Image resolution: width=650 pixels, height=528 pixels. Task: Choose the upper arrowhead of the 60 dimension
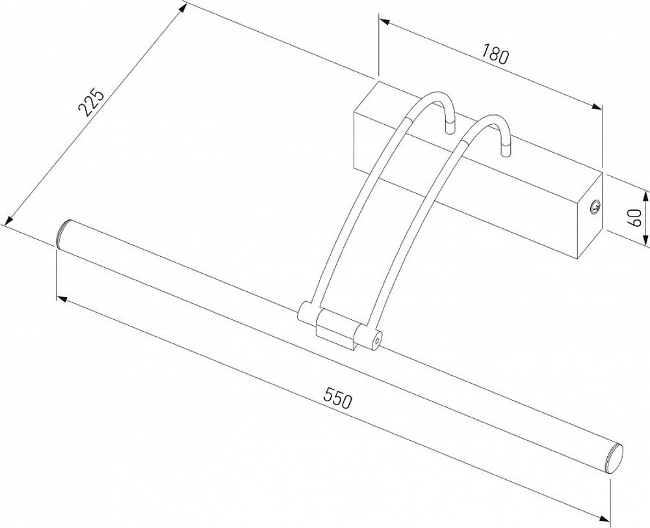pos(646,194)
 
